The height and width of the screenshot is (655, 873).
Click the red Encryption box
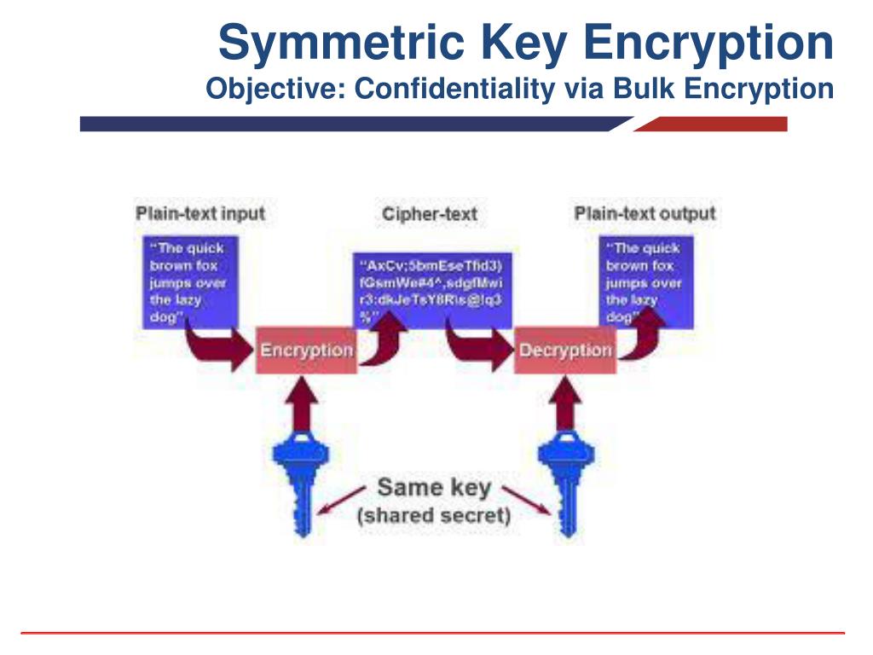[305, 350]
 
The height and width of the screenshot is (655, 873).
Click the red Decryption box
[564, 350]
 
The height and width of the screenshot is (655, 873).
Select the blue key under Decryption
[564, 478]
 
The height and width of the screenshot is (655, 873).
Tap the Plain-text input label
[200, 213]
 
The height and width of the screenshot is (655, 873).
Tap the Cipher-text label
[430, 214]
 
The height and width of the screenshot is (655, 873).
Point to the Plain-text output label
[645, 213]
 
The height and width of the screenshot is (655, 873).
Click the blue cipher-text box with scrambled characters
[433, 290]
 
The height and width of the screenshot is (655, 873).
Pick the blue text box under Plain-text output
[645, 281]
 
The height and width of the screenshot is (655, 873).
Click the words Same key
[434, 489]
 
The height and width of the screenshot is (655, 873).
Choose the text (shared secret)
[434, 515]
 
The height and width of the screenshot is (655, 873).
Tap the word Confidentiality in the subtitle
[454, 88]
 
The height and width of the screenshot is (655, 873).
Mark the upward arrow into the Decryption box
[564, 401]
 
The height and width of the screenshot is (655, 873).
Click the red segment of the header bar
[716, 125]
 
